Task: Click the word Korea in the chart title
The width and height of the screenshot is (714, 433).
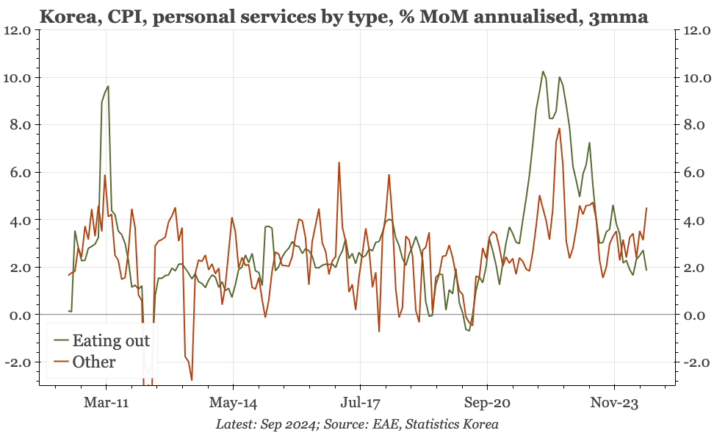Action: point(64,15)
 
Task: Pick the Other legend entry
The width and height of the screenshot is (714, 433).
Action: point(93,362)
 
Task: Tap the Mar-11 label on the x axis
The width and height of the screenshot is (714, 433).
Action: point(106,403)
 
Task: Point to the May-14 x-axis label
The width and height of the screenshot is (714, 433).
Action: point(233,403)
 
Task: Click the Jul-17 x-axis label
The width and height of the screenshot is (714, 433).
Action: point(360,403)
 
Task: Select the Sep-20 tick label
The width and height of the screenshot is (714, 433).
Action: point(487,403)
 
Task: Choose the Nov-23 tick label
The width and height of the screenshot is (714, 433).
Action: point(614,403)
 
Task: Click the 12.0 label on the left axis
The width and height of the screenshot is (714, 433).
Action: point(18,31)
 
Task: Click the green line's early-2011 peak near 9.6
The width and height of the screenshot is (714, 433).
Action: point(108,86)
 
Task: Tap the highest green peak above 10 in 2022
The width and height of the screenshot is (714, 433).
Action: point(543,71)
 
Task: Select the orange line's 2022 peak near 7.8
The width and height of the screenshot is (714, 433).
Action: point(559,129)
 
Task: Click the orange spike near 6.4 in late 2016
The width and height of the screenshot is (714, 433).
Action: point(339,162)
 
